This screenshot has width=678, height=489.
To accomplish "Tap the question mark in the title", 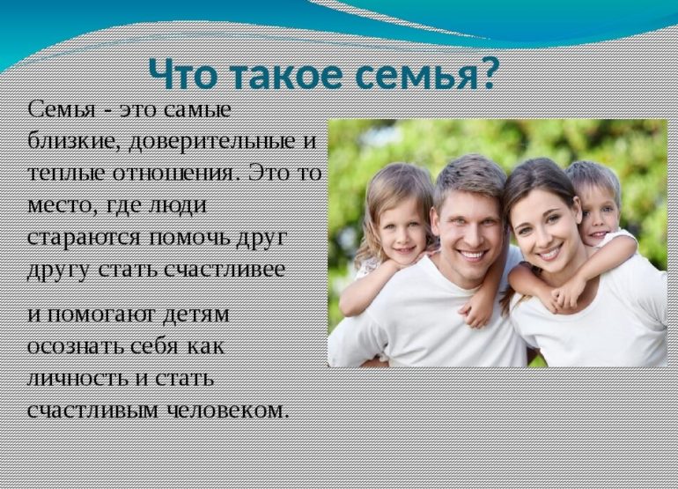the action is (x=484, y=74).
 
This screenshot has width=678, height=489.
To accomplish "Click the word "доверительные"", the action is (x=208, y=143).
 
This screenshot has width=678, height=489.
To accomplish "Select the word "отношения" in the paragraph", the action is (x=176, y=173).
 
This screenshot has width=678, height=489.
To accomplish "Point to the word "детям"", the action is (x=195, y=315).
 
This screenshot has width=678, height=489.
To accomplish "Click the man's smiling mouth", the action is (x=470, y=256).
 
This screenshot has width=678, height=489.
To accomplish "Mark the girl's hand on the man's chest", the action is (x=476, y=314).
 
